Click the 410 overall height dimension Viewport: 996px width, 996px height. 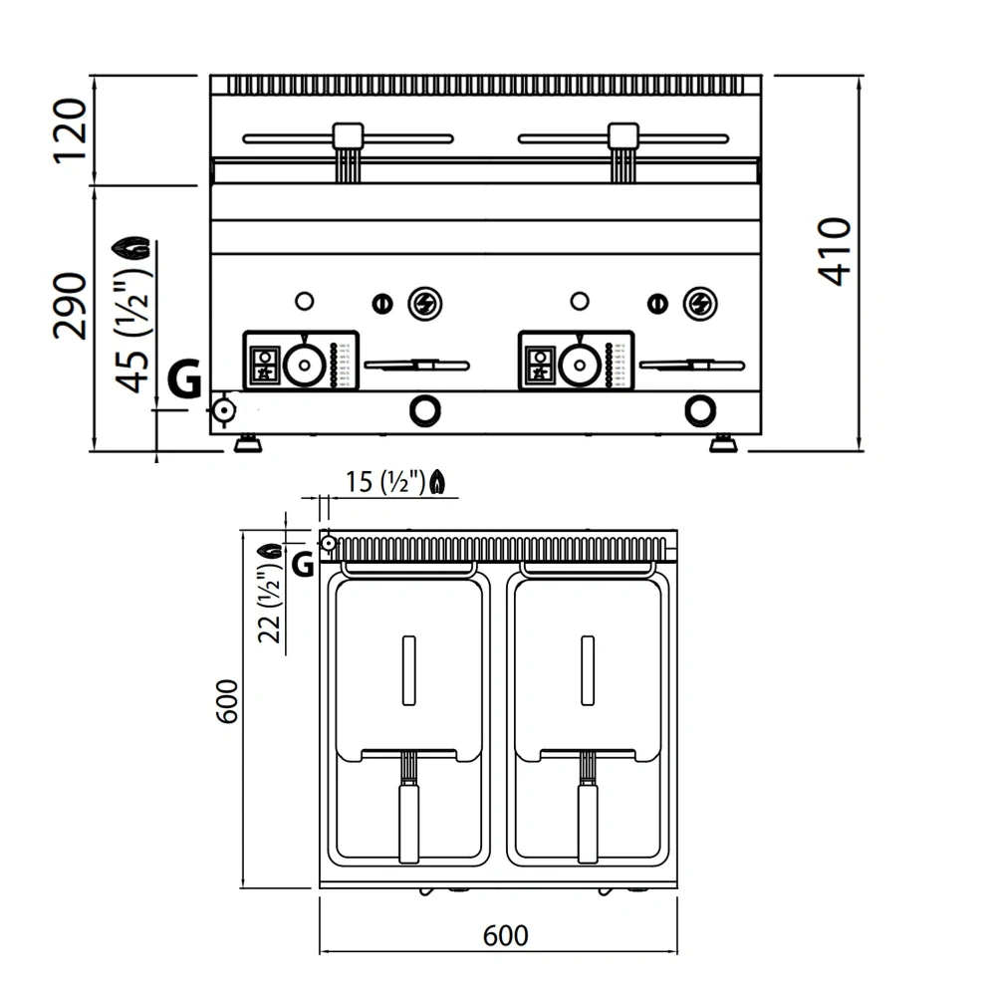pos(835,251)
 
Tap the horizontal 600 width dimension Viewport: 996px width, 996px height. pos(505,936)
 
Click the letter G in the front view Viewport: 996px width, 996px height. pos(183,379)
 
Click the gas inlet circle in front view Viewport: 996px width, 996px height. pos(223,409)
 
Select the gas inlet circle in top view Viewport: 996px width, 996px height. pos(328,542)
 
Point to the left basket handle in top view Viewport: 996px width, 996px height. pos(408,822)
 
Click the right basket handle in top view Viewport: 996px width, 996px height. pos(588,822)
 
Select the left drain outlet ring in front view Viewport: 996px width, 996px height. pos(425,408)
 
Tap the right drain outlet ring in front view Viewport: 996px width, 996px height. pos(699,408)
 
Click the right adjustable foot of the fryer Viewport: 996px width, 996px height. pos(723,444)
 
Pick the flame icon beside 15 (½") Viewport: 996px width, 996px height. pos(438,483)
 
